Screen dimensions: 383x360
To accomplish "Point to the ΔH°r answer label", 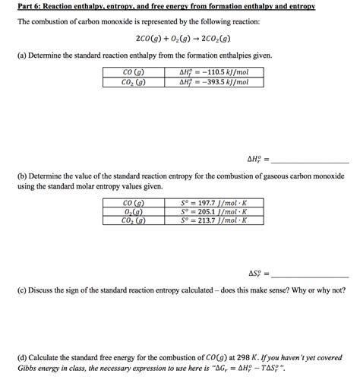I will pos(259,160).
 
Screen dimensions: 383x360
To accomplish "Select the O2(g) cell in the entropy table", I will pos(134,212).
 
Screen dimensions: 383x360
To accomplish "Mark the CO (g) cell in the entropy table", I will pos(134,203).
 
